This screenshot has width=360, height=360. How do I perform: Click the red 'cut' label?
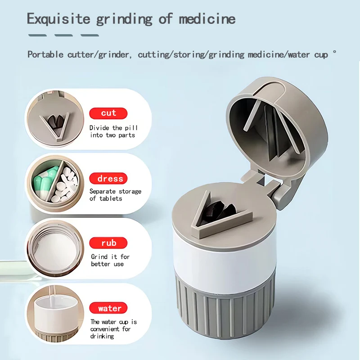click(108, 113)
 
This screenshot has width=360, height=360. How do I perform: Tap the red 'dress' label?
click(108, 179)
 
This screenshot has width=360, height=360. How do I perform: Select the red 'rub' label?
click(108, 243)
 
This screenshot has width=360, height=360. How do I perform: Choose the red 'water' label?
click(108, 308)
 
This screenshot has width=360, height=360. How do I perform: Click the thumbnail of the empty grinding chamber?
click(54, 250)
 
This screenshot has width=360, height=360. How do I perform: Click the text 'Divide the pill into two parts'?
click(112, 131)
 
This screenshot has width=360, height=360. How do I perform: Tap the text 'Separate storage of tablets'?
click(115, 195)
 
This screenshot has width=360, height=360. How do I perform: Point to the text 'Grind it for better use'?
click(110, 260)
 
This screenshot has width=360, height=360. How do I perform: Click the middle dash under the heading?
click(63, 35)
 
